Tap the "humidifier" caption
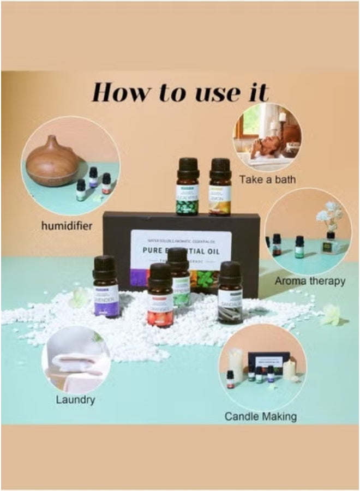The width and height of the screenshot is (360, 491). pyautogui.click(x=67, y=225)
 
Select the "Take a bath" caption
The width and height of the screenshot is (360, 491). pyautogui.click(x=268, y=179)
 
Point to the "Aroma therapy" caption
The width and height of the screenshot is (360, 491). pyautogui.click(x=310, y=282)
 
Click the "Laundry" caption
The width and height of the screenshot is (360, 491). pyautogui.click(x=75, y=400)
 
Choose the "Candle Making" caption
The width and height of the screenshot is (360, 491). pyautogui.click(x=261, y=417)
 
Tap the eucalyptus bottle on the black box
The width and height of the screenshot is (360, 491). pyautogui.click(x=188, y=189)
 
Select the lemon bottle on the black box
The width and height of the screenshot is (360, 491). pyautogui.click(x=220, y=189)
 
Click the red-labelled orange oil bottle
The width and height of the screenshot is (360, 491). pyautogui.click(x=161, y=297)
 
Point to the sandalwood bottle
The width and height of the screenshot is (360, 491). pyautogui.click(x=230, y=295)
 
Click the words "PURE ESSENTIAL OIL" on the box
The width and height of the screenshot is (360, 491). pyautogui.click(x=181, y=252)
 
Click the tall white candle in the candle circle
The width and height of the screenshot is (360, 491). pyautogui.click(x=236, y=364)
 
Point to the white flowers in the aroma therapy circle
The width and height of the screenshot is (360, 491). pyautogui.click(x=330, y=213)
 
